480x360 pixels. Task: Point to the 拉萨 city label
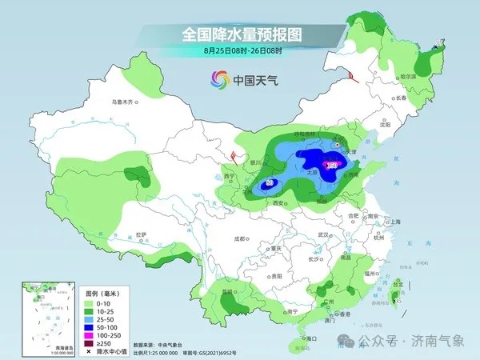(142, 234)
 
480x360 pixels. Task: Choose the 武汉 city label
(323, 234)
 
